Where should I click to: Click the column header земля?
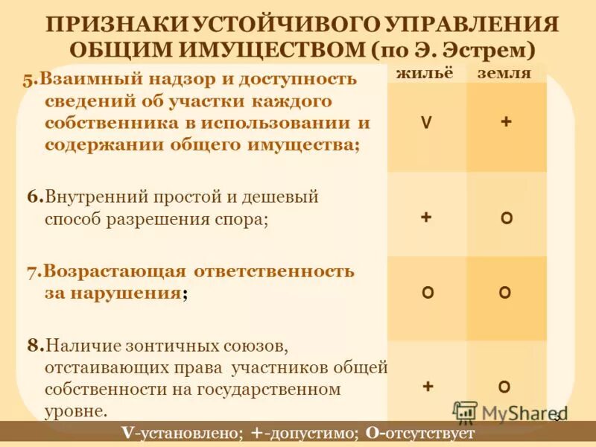504,74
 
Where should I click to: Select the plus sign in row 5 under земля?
506,123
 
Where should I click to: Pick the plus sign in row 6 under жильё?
426,217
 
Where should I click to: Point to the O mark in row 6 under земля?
506,218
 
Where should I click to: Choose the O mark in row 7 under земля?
505,293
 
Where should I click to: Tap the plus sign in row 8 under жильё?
428,386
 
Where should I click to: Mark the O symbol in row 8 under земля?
504,387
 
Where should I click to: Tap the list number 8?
33,346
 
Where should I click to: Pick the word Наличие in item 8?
78,346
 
